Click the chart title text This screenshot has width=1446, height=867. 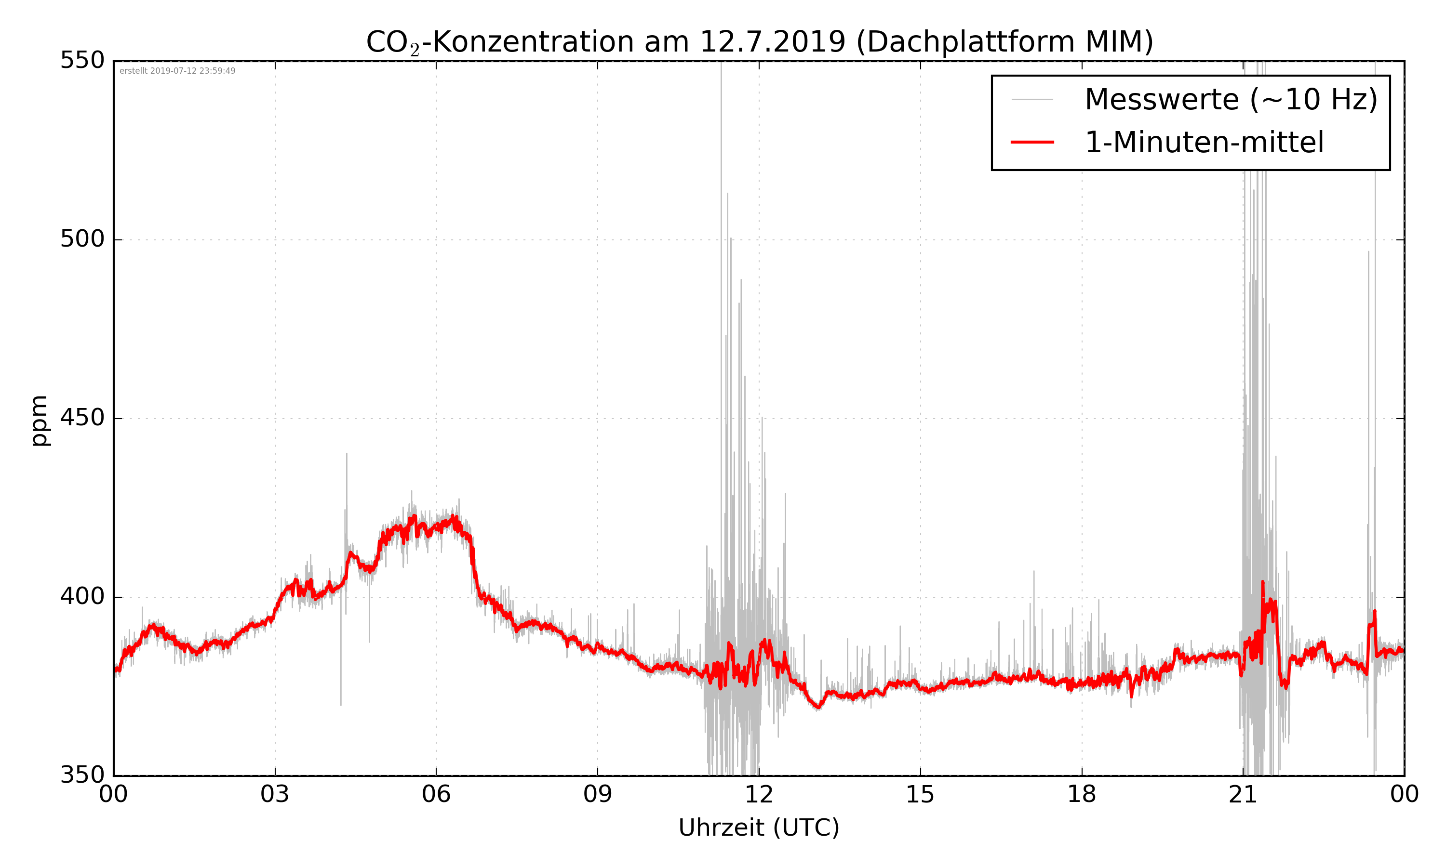759,42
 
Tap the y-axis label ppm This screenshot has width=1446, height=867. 39,420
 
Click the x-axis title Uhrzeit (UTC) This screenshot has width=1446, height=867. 759,828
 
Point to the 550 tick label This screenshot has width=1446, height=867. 82,60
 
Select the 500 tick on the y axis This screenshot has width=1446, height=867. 82,239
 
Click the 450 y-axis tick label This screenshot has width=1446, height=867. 82,418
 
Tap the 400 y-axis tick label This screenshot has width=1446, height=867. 82,596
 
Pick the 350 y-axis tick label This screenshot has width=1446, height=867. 82,775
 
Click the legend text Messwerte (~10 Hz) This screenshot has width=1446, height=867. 1231,99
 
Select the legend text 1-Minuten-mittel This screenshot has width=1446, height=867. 1204,143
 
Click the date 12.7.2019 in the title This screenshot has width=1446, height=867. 772,42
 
